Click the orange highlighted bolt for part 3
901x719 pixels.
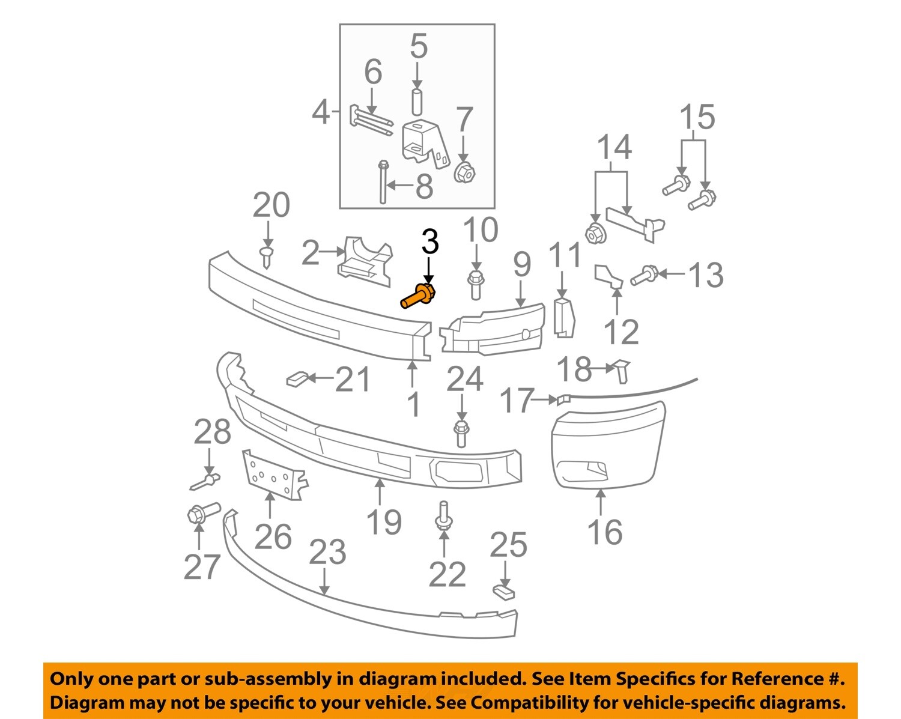(x=418, y=296)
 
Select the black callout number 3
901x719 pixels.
(x=429, y=241)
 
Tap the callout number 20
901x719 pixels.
(x=271, y=205)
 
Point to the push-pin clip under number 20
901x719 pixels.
(x=266, y=256)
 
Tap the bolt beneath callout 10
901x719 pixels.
(x=475, y=285)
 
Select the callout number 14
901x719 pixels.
(x=614, y=148)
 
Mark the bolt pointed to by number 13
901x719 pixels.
(x=644, y=276)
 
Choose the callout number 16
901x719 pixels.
(x=604, y=532)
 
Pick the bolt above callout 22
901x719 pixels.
(x=443, y=517)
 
